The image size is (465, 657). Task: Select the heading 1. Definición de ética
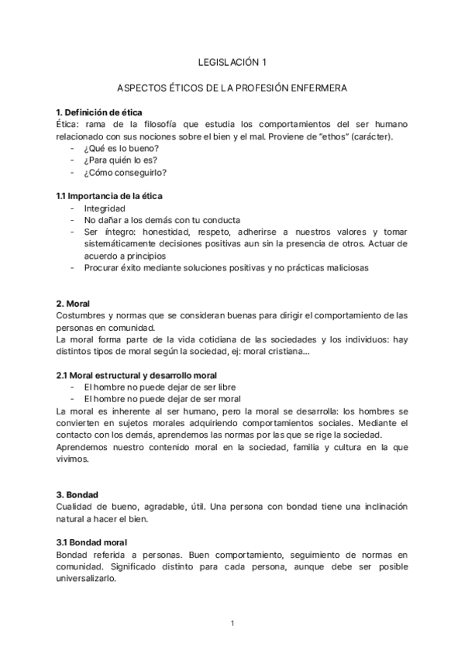(x=99, y=112)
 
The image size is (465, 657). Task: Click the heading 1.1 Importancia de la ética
(x=109, y=196)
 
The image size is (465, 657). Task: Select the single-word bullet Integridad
(x=104, y=208)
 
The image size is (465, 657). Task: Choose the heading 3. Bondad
(x=77, y=494)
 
